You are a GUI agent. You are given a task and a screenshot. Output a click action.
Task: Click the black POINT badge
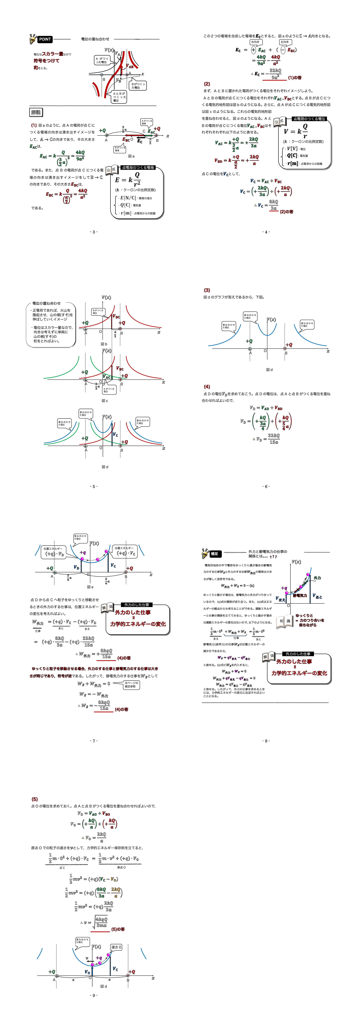[45, 39]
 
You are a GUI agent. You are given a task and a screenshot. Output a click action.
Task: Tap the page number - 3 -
[94, 232]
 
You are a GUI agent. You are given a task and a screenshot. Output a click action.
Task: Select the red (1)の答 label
[294, 77]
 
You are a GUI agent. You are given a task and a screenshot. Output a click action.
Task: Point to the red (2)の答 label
[287, 212]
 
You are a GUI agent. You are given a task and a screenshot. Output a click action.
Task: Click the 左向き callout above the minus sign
[284, 42]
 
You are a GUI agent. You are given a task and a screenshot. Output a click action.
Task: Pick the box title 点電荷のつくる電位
[309, 119]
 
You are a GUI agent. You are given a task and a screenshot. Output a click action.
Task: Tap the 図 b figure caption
[104, 344]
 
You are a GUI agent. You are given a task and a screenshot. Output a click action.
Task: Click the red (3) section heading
[207, 290]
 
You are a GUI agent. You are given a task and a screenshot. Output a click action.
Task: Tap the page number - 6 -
[266, 486]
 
